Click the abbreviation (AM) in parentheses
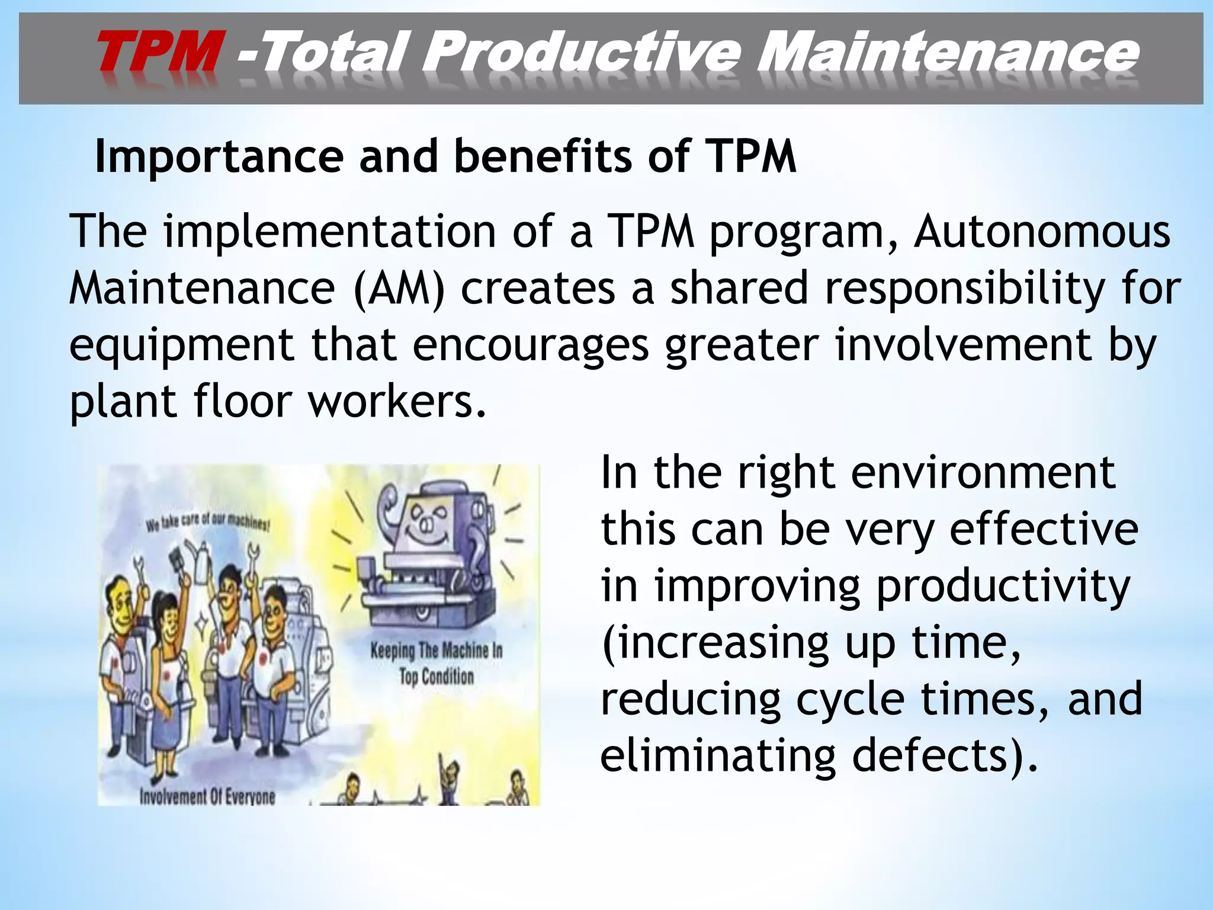click(398, 289)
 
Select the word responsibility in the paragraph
click(964, 289)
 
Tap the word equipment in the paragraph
click(181, 345)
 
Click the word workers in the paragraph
click(397, 402)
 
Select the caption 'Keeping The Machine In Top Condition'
click(437, 664)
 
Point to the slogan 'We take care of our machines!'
click(208, 521)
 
